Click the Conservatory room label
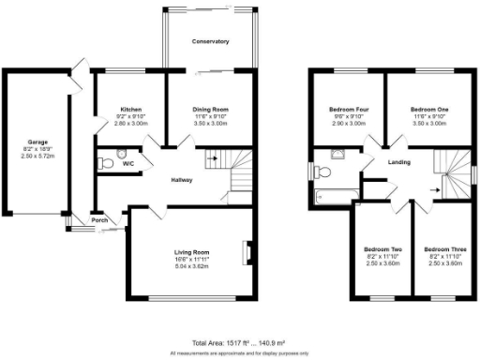pyautogui.click(x=210, y=42)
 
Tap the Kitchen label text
pyautogui.click(x=129, y=109)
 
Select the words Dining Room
pyautogui.click(x=210, y=109)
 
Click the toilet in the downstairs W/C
pyautogui.click(x=106, y=163)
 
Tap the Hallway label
pyautogui.click(x=183, y=180)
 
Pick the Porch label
pyautogui.click(x=99, y=221)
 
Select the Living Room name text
pyautogui.click(x=190, y=252)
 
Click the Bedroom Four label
pyautogui.click(x=347, y=109)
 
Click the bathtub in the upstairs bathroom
pyautogui.click(x=335, y=196)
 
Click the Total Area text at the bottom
pyautogui.click(x=239, y=344)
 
